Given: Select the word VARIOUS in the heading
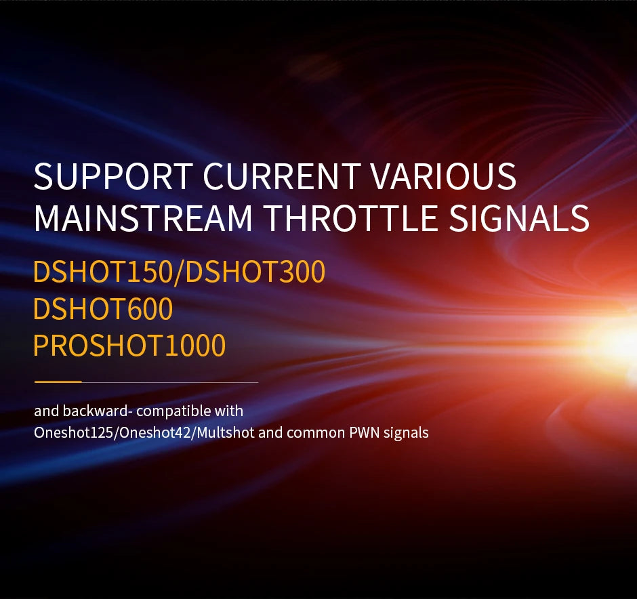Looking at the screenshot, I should [x=443, y=177].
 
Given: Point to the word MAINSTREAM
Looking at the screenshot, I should [x=143, y=218].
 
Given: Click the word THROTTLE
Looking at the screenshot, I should [x=350, y=218].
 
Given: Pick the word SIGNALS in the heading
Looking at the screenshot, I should [x=519, y=218].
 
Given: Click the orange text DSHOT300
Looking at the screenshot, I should [x=255, y=272].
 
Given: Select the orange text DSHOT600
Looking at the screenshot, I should [x=103, y=310].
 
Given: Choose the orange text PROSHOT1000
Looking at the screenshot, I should [x=129, y=346].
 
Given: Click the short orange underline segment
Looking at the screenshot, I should [x=58, y=382].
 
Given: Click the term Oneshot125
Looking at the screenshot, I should [x=74, y=432].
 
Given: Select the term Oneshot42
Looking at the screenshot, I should [x=155, y=432].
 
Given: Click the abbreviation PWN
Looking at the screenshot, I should [x=365, y=432].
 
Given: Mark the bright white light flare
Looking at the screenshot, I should [x=620, y=339].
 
